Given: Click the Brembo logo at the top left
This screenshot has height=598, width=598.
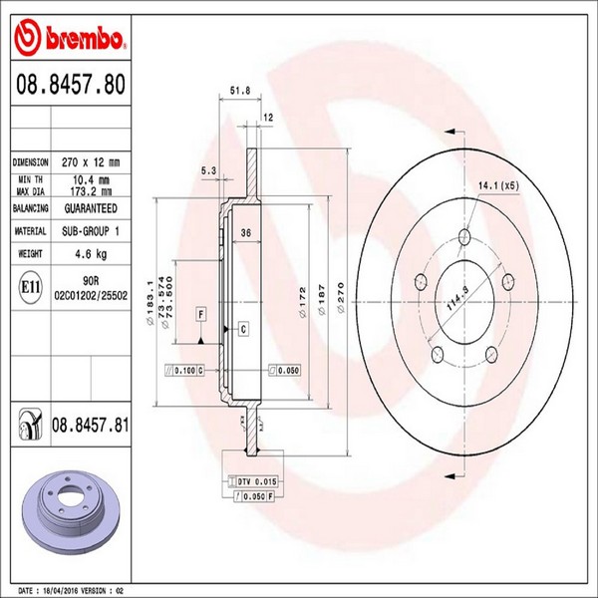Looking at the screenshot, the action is click(x=70, y=37).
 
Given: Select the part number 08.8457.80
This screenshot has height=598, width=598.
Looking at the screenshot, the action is click(x=71, y=85).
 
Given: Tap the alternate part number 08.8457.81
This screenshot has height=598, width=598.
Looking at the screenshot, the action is click(x=91, y=425).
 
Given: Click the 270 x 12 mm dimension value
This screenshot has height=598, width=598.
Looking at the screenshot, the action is click(x=91, y=162).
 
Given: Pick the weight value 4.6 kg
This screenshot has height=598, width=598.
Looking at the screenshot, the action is click(x=91, y=253).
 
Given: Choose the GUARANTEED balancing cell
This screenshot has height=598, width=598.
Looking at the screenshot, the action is click(x=91, y=208).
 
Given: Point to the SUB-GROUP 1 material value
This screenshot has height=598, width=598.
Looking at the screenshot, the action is click(x=91, y=231).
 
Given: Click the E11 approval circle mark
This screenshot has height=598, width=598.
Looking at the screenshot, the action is click(x=30, y=288).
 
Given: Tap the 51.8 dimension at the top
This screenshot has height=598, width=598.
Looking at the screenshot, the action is click(x=240, y=91).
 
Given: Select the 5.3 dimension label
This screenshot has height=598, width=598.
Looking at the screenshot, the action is click(x=208, y=170).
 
